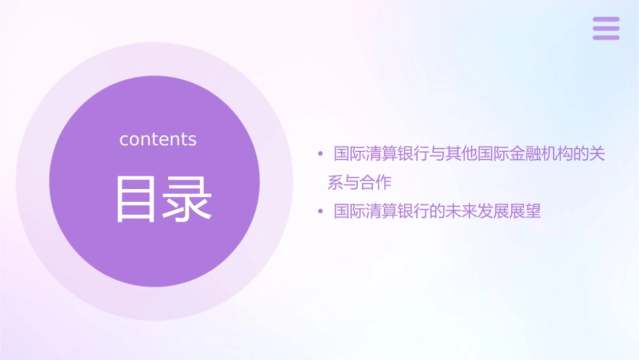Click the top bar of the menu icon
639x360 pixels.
(605, 20)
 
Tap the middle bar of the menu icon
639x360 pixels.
(605, 28)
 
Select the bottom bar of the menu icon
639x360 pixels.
(605, 37)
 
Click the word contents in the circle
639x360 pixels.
(158, 139)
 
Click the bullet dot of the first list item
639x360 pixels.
(321, 155)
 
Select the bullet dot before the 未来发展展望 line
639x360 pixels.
(321, 212)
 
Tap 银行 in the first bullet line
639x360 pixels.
(412, 155)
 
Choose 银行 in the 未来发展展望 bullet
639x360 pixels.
(412, 212)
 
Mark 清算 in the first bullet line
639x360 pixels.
(380, 155)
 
